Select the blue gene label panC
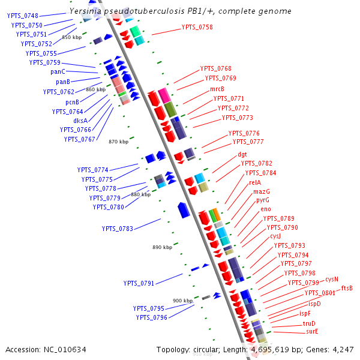[58, 72]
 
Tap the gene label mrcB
[217, 89]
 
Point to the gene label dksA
[81, 121]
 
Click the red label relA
[255, 182]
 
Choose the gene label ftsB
[347, 288]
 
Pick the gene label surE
[312, 331]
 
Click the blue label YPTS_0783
[118, 229]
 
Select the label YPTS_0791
[139, 283]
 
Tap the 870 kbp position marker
[119, 142]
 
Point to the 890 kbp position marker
[162, 247]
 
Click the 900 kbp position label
[182, 301]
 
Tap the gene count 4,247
[341, 349]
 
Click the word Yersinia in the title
[86, 11]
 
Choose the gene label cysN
[332, 279]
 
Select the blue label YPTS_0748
[23, 16]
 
